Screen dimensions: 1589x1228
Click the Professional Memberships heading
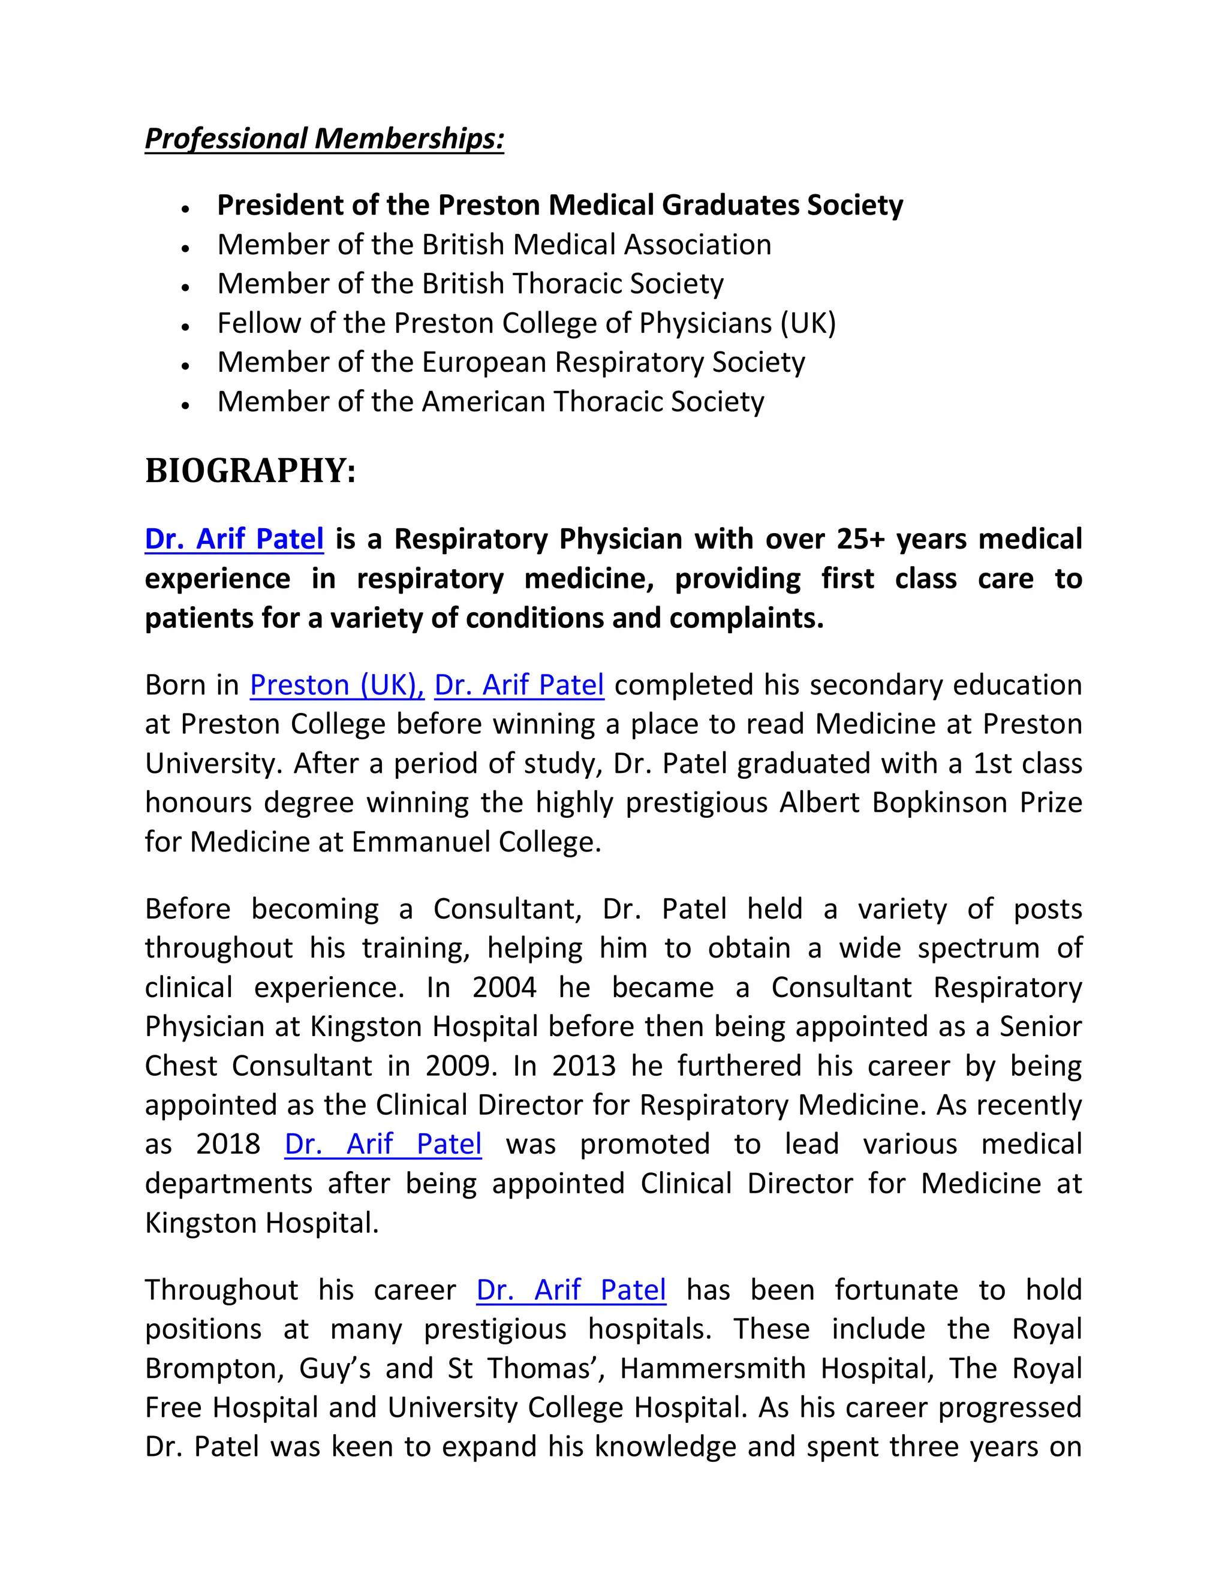click(324, 139)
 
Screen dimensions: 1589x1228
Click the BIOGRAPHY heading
click(250, 471)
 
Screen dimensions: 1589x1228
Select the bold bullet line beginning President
click(559, 205)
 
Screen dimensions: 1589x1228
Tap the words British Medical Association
click(597, 245)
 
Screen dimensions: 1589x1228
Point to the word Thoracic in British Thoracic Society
click(567, 284)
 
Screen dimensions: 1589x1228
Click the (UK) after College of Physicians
click(808, 323)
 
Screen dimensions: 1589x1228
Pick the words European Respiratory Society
click(613, 362)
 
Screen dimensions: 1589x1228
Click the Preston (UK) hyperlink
click(336, 685)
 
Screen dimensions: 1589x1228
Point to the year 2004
click(504, 988)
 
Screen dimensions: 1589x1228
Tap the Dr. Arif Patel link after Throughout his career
click(571, 1290)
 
